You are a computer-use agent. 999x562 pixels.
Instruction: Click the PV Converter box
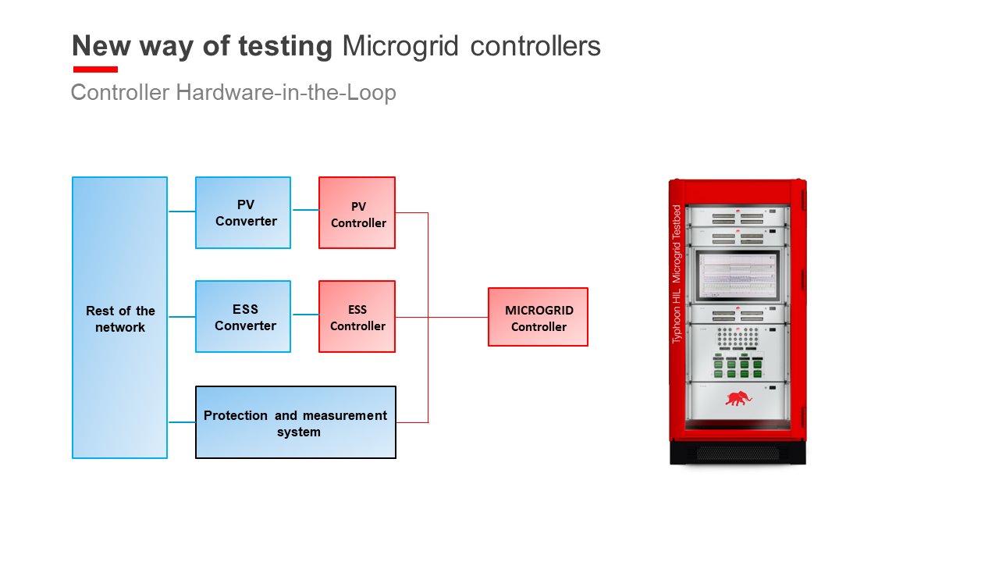pos(243,213)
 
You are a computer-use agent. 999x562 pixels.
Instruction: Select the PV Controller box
pos(357,213)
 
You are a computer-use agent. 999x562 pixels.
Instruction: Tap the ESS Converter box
pos(243,317)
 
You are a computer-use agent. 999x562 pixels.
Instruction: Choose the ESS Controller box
pos(357,317)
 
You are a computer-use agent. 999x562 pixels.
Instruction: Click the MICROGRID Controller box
pos(538,317)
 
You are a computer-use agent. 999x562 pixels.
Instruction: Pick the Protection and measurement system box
pos(295,422)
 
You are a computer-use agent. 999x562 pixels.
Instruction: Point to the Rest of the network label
pos(120,319)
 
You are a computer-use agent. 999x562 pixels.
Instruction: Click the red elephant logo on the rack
pos(738,398)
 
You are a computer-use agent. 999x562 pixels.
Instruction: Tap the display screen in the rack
pos(738,274)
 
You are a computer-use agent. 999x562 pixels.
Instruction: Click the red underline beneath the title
pos(95,69)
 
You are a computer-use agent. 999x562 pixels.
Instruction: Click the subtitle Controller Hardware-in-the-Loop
pos(233,93)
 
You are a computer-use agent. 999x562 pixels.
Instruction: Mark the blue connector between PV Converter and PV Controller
pos(305,210)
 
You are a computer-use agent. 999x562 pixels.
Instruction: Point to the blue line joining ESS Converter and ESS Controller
pos(305,315)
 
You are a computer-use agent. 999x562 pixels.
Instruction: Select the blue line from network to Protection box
pos(182,422)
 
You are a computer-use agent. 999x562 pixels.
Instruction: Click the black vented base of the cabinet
pos(738,454)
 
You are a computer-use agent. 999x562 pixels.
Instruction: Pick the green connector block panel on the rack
pos(738,367)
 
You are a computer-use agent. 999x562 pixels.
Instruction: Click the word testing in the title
pos(286,47)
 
